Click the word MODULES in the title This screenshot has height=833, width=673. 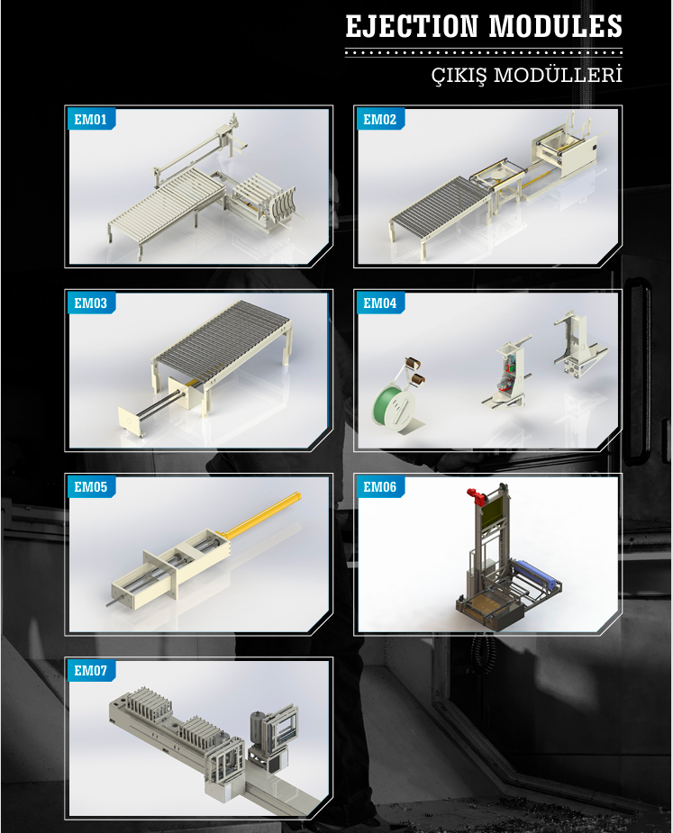556,26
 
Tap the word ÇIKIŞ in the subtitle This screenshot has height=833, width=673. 459,76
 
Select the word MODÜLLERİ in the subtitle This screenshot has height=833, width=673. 558,75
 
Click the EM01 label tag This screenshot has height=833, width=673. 91,120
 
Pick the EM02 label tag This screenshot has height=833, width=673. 380,120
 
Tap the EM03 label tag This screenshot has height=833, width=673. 91,303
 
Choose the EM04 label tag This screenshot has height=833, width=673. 380,303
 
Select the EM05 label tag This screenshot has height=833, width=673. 91,487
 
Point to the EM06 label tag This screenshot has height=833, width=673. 380,487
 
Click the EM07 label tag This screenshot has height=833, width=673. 91,671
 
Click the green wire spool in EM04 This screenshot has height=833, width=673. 390,406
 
